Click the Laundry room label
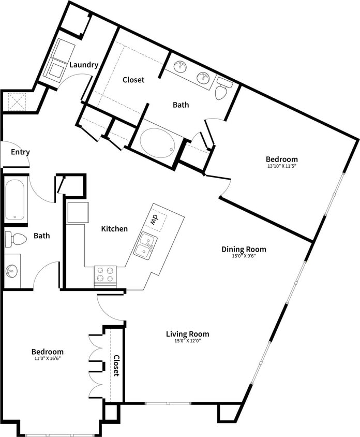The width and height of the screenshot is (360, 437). pyautogui.click(x=84, y=65)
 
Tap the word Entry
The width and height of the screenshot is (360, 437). pyautogui.click(x=20, y=152)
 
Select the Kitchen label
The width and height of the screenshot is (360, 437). pyautogui.click(x=114, y=228)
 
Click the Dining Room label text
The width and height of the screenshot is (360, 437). pyautogui.click(x=244, y=249)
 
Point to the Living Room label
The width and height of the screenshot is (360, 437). pyautogui.click(x=187, y=334)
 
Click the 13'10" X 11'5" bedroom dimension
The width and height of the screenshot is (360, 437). pyautogui.click(x=282, y=167)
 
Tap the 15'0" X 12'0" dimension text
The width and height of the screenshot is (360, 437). pyautogui.click(x=187, y=341)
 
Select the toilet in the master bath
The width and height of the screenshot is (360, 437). pyautogui.click(x=222, y=89)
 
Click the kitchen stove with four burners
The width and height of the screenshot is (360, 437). pyautogui.click(x=105, y=274)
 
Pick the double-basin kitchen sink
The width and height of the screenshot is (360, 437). pyautogui.click(x=145, y=245)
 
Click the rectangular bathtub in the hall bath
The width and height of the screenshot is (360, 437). pyautogui.click(x=15, y=199)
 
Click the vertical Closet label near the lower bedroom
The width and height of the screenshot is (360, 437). pyautogui.click(x=116, y=366)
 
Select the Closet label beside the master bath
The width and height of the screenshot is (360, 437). pyautogui.click(x=133, y=80)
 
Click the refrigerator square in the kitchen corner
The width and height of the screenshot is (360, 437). pyautogui.click(x=78, y=212)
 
